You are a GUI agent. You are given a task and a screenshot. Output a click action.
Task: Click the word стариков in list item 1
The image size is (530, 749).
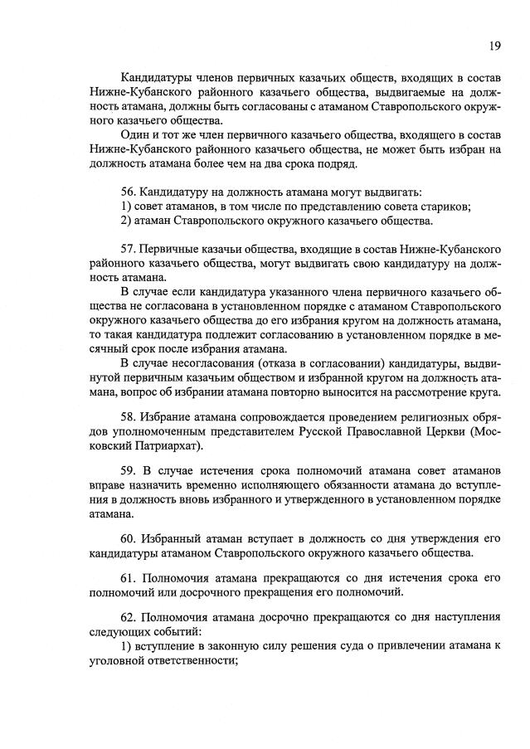pos(446,207)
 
